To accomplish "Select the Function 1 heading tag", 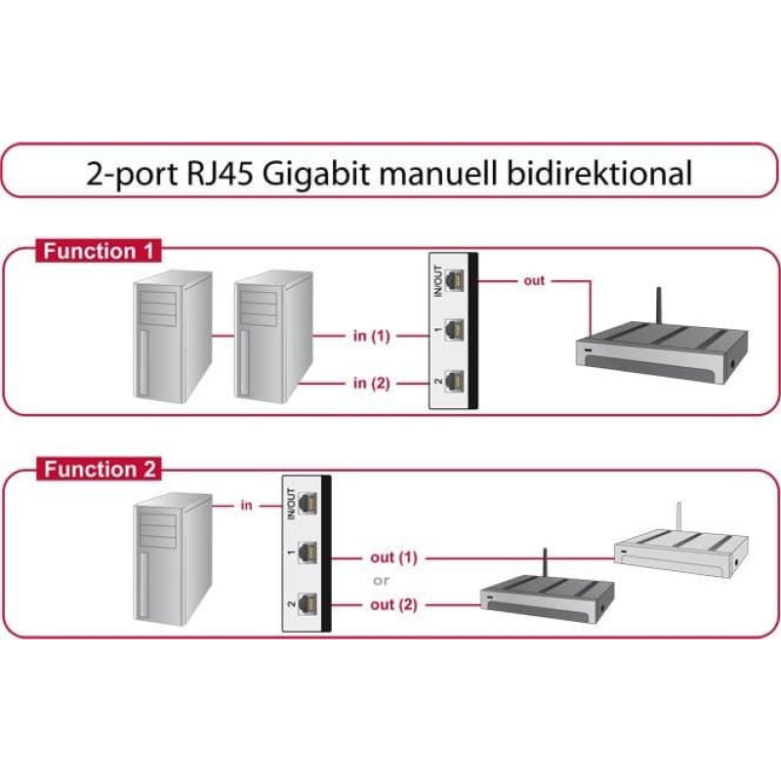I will pyautogui.click(x=98, y=251).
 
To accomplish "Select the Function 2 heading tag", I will pyautogui.click(x=99, y=470).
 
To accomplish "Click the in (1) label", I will pyautogui.click(x=371, y=336).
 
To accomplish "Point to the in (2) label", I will pyautogui.click(x=371, y=383).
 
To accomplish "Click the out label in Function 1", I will pyautogui.click(x=534, y=281).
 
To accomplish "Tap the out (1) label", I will pyautogui.click(x=393, y=557).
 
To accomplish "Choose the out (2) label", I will pyautogui.click(x=393, y=604).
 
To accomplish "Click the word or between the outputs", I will pyautogui.click(x=381, y=581).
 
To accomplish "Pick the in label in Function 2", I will pyautogui.click(x=246, y=506).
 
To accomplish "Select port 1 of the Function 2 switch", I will pyautogui.click(x=308, y=554).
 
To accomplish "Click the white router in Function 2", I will pyautogui.click(x=674, y=553).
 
